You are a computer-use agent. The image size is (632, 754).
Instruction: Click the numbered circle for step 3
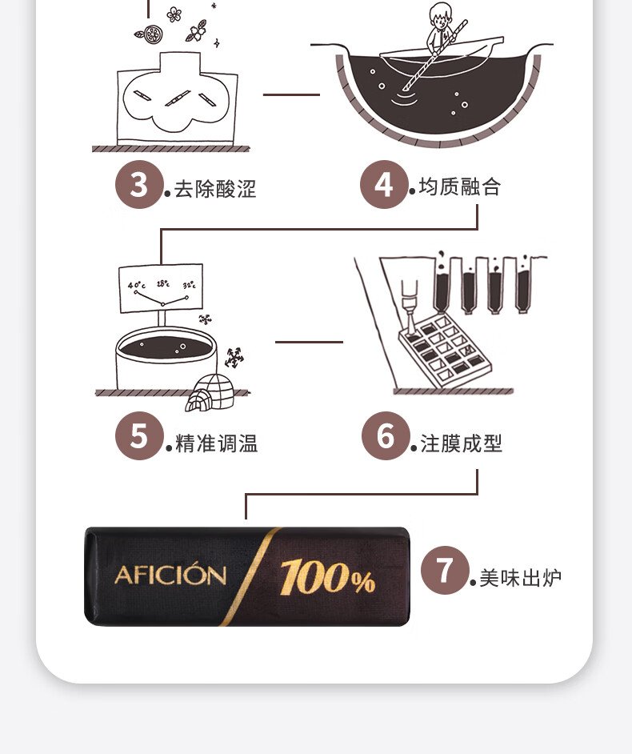pos(139,185)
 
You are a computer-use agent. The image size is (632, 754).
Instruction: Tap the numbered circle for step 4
pos(385,185)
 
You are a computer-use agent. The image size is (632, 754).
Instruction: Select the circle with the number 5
pos(139,436)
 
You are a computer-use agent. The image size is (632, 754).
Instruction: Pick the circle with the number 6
pos(386,436)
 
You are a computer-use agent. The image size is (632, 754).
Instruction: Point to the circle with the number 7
pos(445,571)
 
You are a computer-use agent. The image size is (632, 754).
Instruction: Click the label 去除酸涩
pos(215,189)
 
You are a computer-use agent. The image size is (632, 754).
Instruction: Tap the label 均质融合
pos(460,186)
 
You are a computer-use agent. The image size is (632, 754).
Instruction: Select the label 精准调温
pos(216,443)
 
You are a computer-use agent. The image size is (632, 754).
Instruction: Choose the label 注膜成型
pos(462,443)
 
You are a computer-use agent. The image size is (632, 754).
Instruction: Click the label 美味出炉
pos(521,578)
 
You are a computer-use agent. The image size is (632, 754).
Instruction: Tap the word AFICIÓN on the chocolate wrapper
pos(170,575)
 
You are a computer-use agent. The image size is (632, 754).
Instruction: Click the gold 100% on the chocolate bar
pos(327,576)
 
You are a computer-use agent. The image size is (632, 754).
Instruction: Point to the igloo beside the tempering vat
pos(210,393)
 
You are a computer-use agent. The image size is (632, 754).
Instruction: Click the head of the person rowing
pos(440,16)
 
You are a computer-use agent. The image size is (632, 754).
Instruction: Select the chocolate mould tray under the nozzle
pos(445,350)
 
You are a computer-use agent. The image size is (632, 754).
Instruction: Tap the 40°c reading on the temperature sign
pos(136,285)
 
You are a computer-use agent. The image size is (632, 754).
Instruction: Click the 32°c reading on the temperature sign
pos(189,286)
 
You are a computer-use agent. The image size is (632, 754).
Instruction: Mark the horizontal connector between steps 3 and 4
pos(291,94)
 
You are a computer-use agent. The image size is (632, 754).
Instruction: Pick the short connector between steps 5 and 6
pos(309,342)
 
